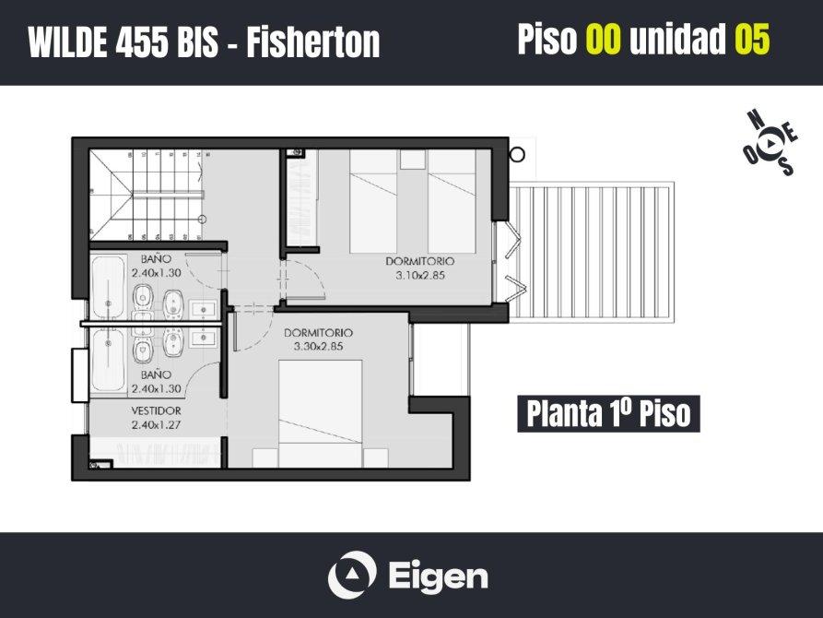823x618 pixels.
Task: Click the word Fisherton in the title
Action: pos(313,42)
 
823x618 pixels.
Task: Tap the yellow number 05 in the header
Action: pos(752,39)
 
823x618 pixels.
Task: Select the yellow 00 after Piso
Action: pos(604,39)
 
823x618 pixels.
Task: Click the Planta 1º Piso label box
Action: pos(608,413)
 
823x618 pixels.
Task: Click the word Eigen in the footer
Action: pos(439,577)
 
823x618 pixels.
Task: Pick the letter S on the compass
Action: pos(786,166)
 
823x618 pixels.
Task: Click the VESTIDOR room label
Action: pos(156,410)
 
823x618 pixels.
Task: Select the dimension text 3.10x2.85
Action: pos(420,275)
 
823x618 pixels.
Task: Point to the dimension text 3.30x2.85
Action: pos(318,346)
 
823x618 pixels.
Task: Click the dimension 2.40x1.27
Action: pos(156,424)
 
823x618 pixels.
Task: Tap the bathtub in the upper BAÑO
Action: pos(108,287)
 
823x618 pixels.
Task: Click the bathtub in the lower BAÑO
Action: pos(108,360)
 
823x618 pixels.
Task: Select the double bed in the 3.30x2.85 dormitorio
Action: pos(320,413)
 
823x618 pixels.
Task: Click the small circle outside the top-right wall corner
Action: pos(517,155)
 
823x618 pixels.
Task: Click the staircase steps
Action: pos(147,195)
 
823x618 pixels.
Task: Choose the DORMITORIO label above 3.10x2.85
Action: pos(420,261)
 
